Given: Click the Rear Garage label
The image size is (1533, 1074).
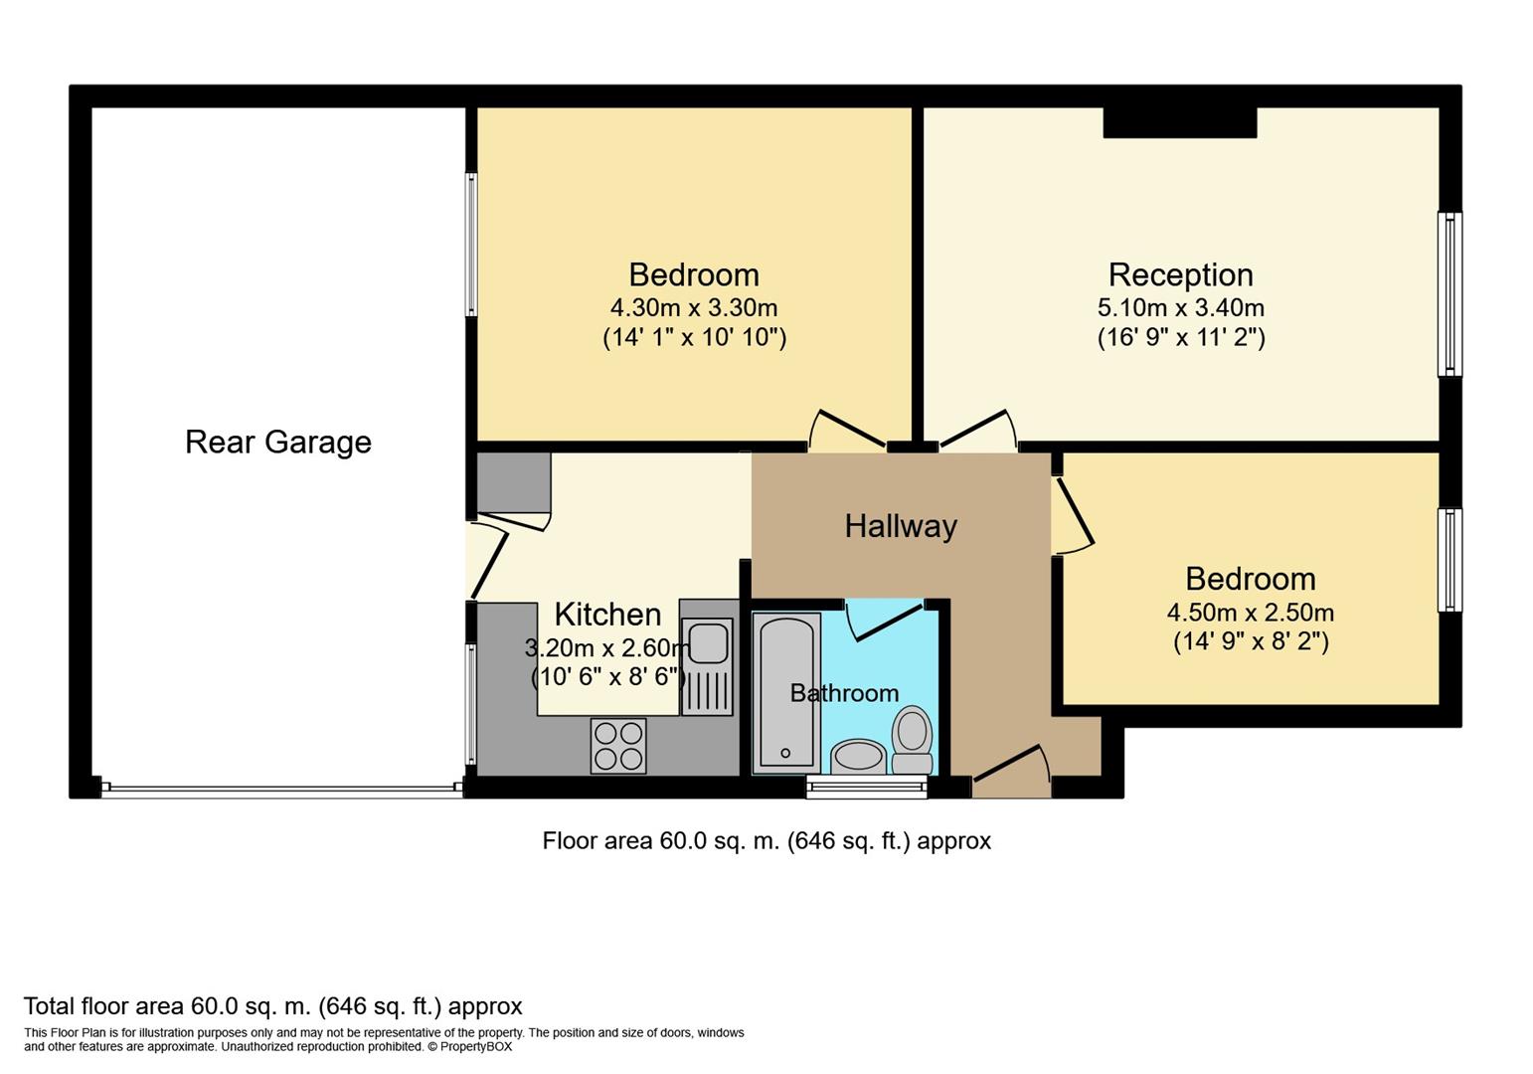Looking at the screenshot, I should [x=278, y=442].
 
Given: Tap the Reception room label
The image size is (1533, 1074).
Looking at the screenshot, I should [x=1180, y=274].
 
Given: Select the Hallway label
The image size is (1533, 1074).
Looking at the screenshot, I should [x=901, y=526].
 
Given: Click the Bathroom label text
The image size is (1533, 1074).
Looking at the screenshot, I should [x=844, y=693].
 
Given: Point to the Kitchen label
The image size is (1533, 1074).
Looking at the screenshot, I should [x=607, y=615].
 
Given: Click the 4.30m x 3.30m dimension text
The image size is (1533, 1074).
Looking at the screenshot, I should [x=694, y=308].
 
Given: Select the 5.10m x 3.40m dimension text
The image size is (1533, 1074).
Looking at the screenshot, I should [x=1180, y=308].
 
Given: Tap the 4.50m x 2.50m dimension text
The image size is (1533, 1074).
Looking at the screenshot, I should [x=1250, y=613].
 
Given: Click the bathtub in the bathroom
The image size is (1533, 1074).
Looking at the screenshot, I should [x=786, y=691].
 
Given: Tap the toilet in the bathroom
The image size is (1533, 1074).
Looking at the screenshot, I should [x=912, y=738].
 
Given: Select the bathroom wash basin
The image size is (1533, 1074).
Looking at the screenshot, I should [x=858, y=757].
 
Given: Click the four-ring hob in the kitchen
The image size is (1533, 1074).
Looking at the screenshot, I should [x=617, y=746].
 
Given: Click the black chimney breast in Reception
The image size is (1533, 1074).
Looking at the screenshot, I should [x=1179, y=122].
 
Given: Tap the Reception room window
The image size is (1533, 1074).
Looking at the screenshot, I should [x=1449, y=294].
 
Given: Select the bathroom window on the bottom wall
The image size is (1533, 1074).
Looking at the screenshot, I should [x=866, y=788].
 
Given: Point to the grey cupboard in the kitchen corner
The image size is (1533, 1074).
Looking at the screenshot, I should [x=513, y=482].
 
